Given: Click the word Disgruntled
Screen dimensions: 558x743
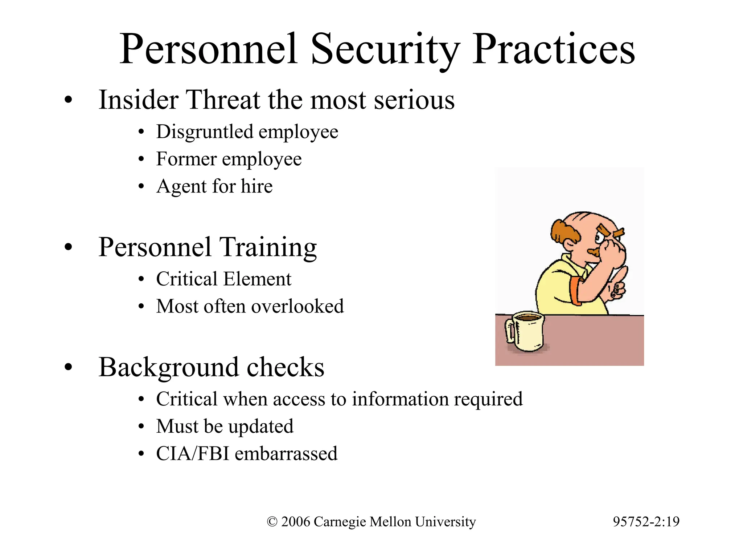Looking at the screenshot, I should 205,132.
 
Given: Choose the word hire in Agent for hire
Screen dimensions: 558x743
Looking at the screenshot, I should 256,186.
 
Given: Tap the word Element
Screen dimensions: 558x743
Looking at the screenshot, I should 257,279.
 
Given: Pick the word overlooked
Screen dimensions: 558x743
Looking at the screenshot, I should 297,306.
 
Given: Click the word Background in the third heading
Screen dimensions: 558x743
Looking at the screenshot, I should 168,368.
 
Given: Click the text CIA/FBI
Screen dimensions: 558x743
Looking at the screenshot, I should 192,454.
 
